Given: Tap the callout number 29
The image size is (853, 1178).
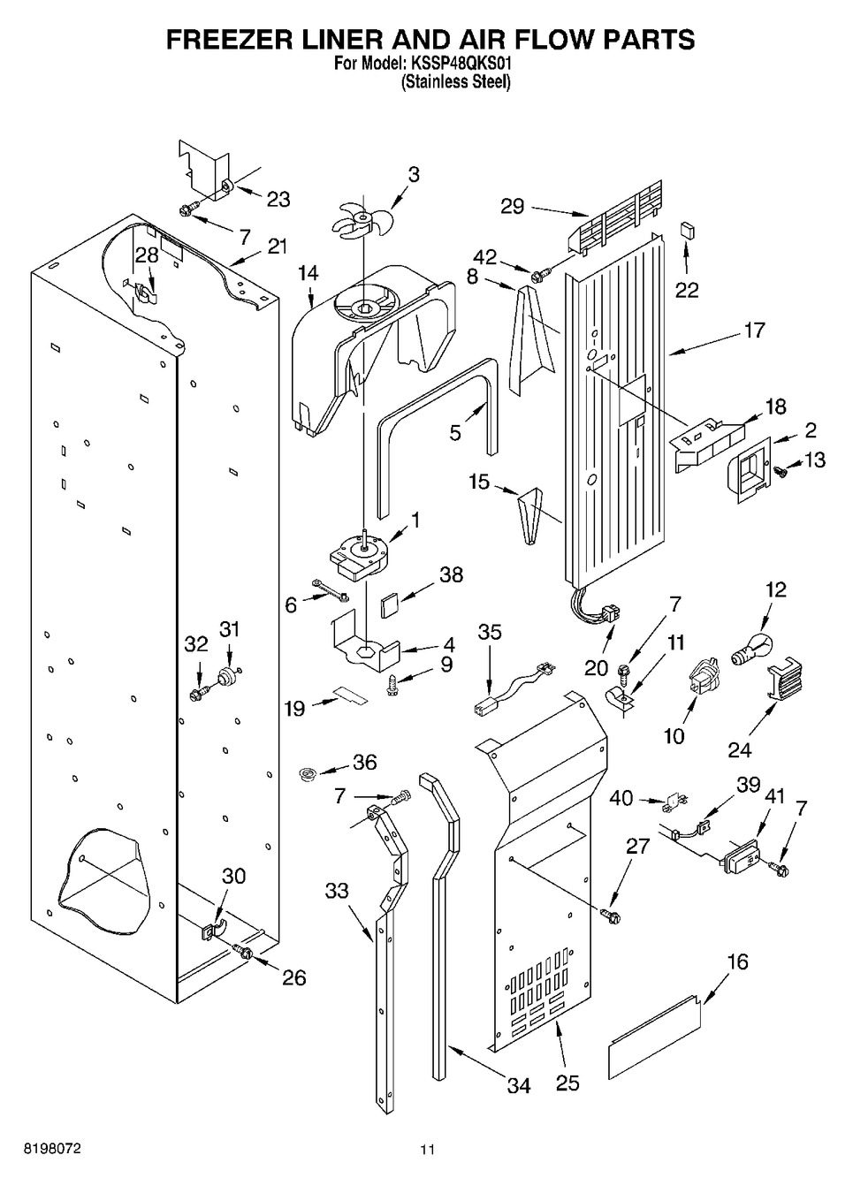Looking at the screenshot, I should coord(513,207).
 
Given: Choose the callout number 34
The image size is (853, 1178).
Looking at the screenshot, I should coord(519,1086).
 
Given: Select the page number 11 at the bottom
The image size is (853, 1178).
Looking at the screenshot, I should coord(428,1150).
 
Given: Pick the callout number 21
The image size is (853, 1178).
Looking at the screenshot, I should coord(278,247).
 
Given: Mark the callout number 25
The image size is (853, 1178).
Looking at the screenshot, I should coord(567,1083).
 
